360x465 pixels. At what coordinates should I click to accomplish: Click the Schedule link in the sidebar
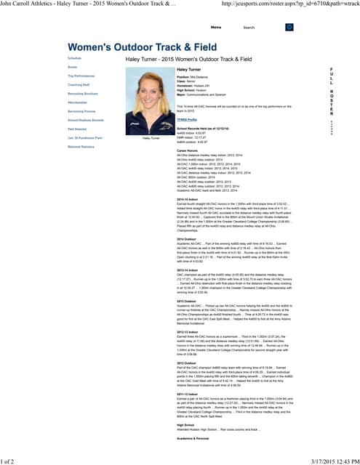75,57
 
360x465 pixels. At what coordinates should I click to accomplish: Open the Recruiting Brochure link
82,94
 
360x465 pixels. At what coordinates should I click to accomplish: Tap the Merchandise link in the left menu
78,102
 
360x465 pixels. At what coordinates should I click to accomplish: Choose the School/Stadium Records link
86,120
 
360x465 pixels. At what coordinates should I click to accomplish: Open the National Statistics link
81,146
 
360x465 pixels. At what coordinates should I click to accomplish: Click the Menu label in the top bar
216,27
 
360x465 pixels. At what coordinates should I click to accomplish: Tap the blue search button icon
289,27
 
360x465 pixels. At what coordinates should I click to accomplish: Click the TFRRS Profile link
187,117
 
